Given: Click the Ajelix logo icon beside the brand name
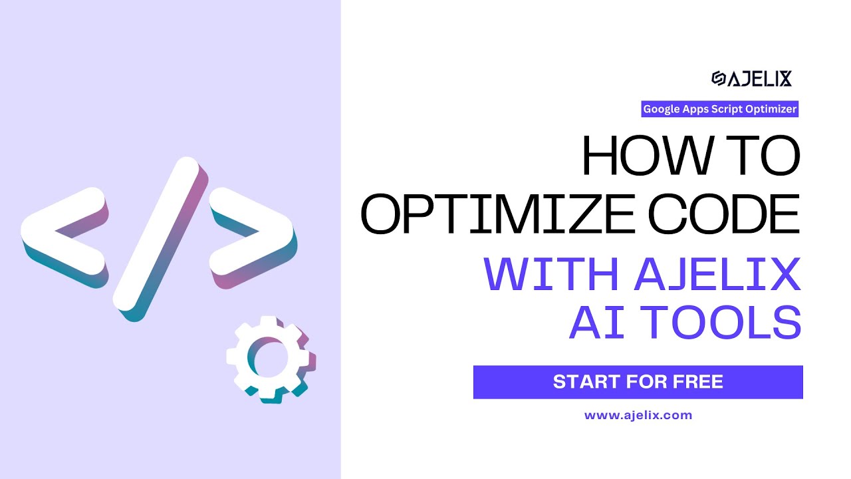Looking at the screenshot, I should [718, 79].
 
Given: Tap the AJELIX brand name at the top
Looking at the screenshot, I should [759, 79].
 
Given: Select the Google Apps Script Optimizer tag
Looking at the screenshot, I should [719, 109].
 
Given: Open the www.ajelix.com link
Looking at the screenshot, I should [638, 415].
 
